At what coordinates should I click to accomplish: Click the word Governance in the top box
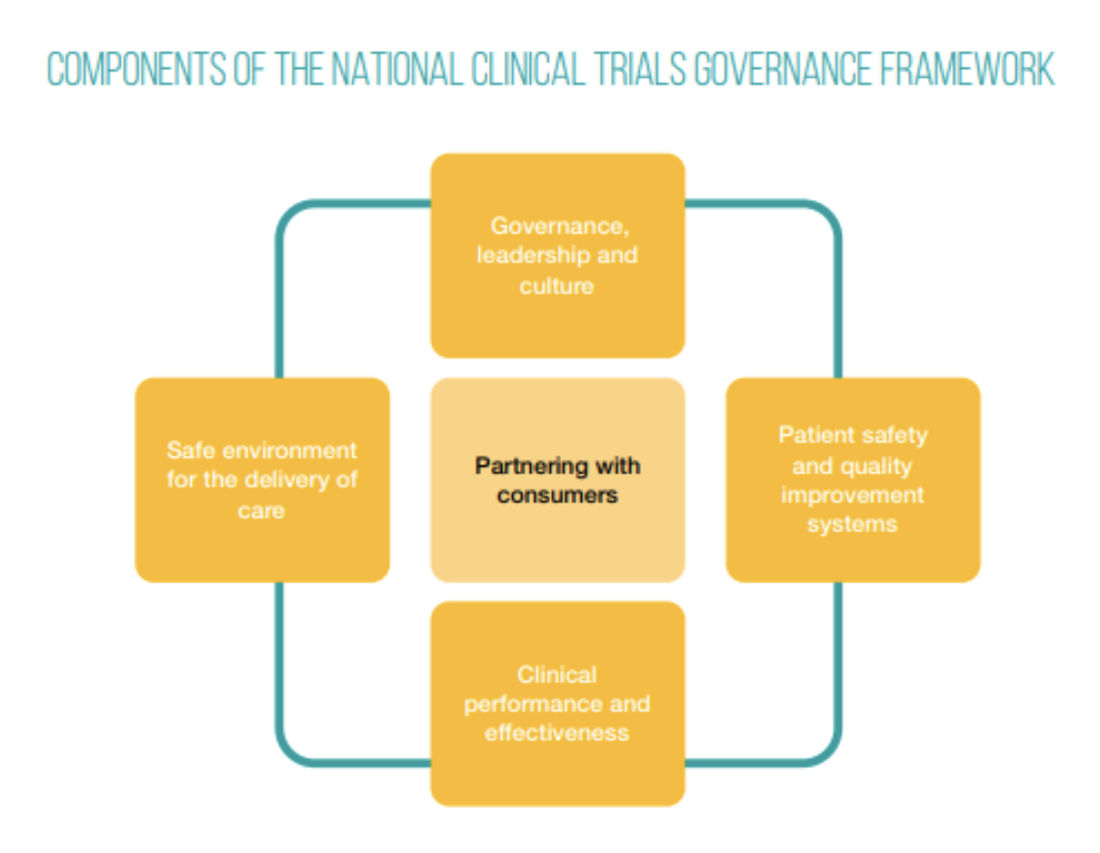click(555, 227)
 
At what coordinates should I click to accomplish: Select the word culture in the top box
click(556, 286)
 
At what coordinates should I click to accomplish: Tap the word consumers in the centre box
click(557, 494)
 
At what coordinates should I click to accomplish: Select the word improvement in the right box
click(851, 495)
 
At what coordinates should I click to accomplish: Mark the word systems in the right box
click(851, 524)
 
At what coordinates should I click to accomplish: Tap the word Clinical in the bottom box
click(557, 674)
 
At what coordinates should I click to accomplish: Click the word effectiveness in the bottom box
click(557, 733)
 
